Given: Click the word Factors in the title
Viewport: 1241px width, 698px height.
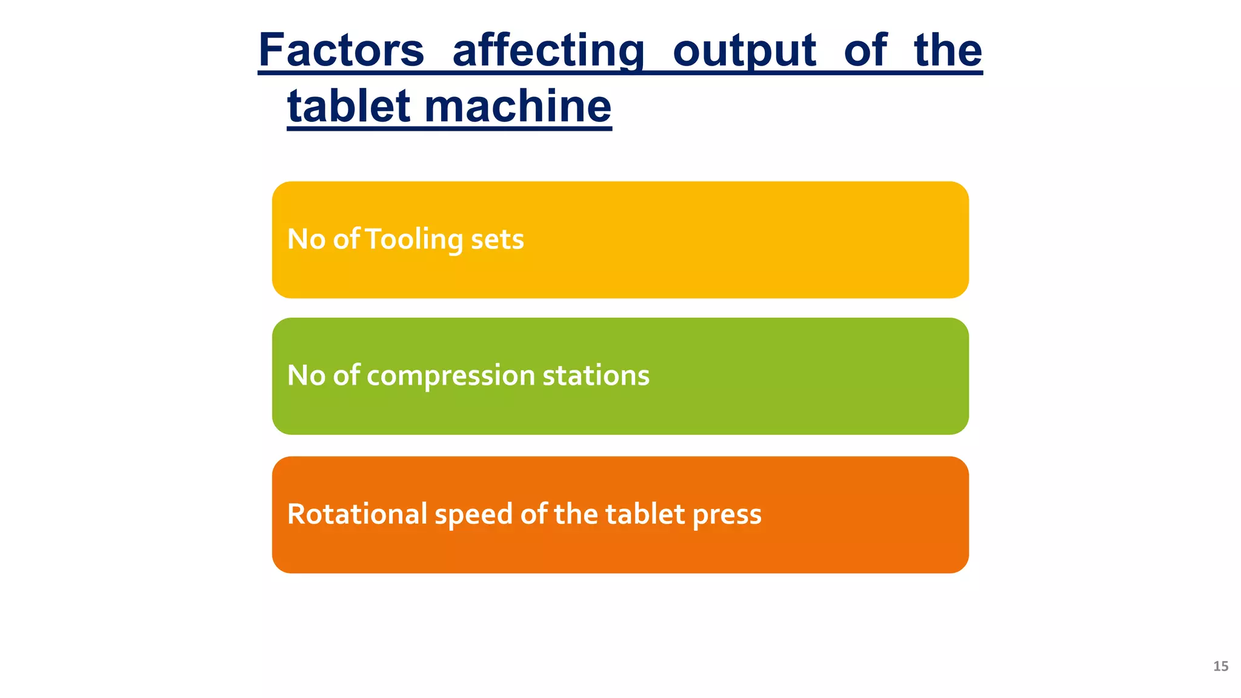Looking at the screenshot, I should [x=341, y=50].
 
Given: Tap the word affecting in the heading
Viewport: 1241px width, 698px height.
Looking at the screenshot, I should [x=548, y=50].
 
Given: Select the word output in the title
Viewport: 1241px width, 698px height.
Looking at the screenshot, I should [x=744, y=50].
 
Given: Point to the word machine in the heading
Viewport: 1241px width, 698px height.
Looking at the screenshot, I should [x=517, y=106].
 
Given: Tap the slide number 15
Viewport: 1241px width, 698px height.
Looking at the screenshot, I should [x=1220, y=666].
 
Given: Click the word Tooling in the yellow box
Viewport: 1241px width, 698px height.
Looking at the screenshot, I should [x=414, y=239].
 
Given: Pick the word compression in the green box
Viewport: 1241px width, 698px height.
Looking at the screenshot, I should [x=451, y=376].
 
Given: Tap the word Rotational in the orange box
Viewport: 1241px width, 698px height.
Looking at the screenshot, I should [x=357, y=514].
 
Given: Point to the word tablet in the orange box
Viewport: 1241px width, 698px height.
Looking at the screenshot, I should [x=645, y=514].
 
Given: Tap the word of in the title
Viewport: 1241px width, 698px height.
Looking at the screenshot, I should [x=865, y=50].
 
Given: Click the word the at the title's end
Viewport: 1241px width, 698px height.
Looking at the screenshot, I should [x=948, y=50].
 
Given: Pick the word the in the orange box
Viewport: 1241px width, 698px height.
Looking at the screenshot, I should [x=576, y=514].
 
